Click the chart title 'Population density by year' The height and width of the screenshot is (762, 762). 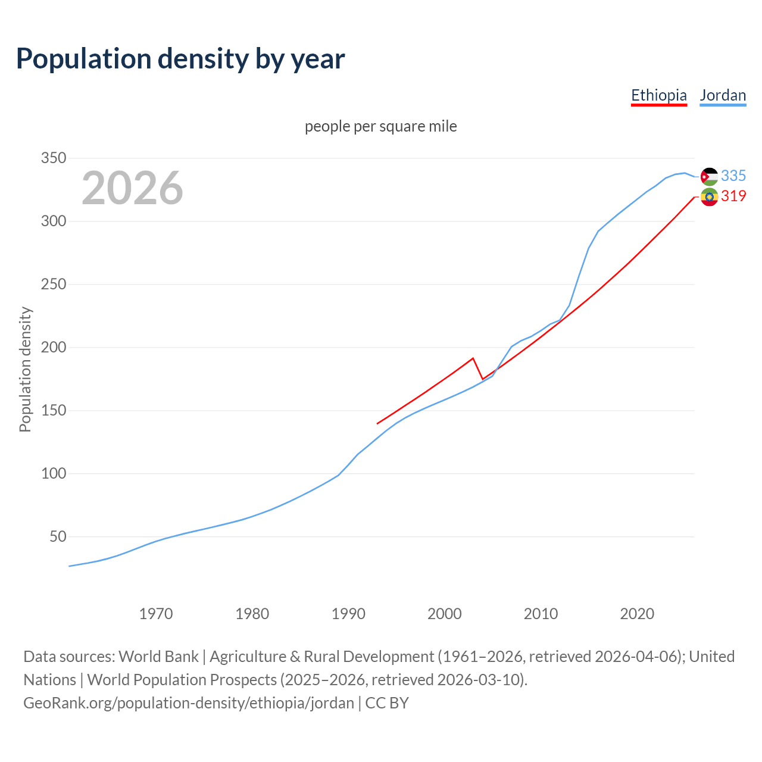point(180,58)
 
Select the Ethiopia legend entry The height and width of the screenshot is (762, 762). point(659,95)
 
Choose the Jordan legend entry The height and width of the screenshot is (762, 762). point(723,95)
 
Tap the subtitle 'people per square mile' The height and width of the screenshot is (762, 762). point(381,126)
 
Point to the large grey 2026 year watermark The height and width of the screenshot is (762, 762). point(132,188)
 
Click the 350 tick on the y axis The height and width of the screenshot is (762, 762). point(53,158)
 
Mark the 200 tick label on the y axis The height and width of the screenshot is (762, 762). point(53,348)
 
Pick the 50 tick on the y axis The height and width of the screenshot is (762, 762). point(57,537)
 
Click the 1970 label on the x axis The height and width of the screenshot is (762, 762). point(156,613)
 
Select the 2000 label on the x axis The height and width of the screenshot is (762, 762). point(445,613)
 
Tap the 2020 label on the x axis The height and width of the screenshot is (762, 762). point(637,613)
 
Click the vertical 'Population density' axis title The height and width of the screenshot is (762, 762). point(25,369)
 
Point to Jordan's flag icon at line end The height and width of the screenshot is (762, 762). point(709,176)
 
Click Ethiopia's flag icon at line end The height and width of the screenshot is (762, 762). point(709,196)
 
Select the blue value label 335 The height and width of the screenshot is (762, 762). point(733,176)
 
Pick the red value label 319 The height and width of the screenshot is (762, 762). point(733,196)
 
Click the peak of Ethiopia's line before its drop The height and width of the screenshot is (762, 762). point(473,358)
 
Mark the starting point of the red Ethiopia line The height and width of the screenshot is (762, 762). point(377,424)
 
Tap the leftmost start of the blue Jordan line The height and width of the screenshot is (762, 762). point(70,566)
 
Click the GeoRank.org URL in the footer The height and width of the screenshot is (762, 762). point(189,703)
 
